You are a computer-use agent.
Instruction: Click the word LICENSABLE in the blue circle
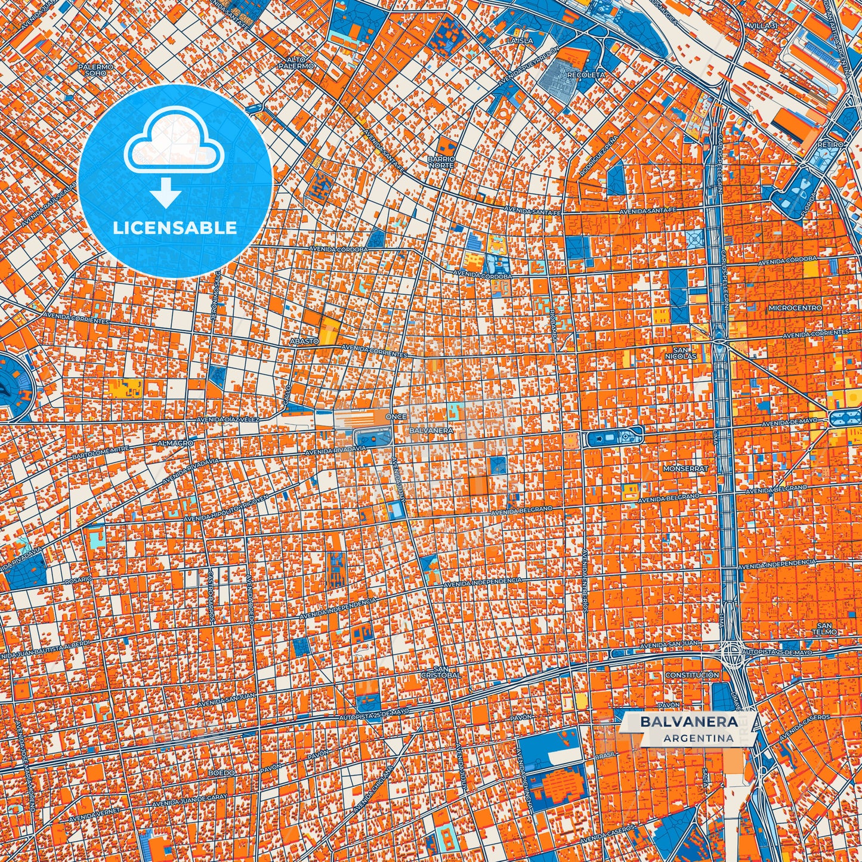175,227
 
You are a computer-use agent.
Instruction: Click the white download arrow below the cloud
166,194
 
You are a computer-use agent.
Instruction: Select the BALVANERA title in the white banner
688,721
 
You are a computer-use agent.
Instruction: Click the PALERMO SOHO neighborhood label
95,70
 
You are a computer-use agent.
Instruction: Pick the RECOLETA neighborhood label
586,75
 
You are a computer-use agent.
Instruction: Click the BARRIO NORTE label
441,162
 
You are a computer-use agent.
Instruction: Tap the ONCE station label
396,416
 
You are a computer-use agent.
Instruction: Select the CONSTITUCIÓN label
692,675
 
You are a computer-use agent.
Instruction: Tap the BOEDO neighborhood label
221,773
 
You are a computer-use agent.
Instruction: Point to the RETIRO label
831,145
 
